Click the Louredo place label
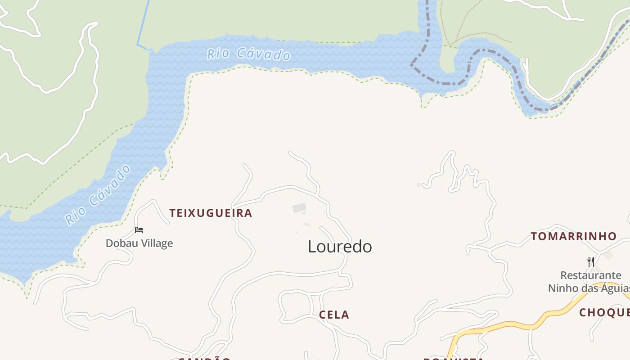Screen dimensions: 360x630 (x=340, y=247)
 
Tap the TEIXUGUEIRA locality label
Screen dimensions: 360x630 (x=211, y=213)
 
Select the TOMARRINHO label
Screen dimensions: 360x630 (x=573, y=236)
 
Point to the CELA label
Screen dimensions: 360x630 (x=334, y=315)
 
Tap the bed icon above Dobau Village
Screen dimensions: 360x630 (x=139, y=230)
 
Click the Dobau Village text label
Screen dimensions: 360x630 (x=139, y=243)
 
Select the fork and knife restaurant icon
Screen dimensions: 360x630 (x=591, y=261)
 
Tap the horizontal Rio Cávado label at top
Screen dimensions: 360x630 (x=248, y=54)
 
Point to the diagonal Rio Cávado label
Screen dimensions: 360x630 (x=98, y=195)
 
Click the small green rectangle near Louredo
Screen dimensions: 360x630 (x=299, y=207)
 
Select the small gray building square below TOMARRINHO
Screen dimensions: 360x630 (x=608, y=256)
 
